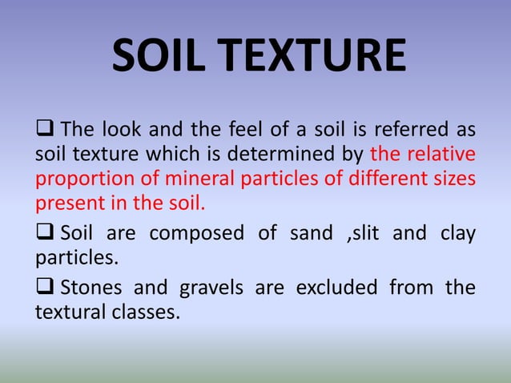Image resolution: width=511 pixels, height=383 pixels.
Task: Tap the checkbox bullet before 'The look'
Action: coord(45,128)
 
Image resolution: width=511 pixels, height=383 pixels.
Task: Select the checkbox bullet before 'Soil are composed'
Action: coord(45,234)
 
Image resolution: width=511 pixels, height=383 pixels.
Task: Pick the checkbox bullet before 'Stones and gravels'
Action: coord(45,287)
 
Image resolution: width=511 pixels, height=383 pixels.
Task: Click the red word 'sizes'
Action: coord(454,178)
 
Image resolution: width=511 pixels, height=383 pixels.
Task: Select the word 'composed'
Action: coord(196,234)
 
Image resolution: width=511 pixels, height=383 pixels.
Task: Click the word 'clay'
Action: coord(457,234)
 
